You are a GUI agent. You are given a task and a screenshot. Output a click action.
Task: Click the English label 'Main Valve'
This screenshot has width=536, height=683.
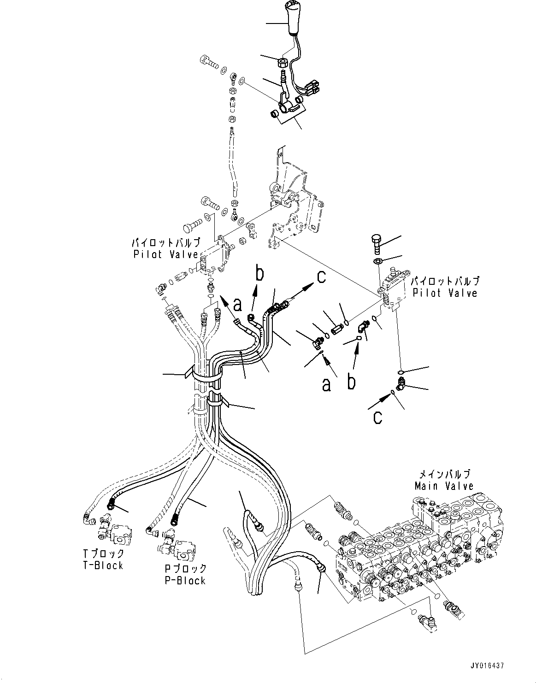pos(444,486)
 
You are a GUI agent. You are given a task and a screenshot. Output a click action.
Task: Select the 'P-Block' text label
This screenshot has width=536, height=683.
pos(185,580)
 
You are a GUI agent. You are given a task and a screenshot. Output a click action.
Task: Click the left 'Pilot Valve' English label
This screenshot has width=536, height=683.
pos(166,254)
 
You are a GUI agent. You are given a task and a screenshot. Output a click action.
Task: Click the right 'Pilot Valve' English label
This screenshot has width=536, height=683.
pos(445,292)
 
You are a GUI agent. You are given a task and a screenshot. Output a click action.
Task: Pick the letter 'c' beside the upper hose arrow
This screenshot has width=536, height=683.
pos(321,277)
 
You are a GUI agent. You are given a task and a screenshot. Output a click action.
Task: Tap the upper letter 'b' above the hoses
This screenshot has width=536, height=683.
pos(260,274)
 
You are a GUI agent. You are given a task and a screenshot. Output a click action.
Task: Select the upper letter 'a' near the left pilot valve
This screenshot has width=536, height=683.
pos(238,305)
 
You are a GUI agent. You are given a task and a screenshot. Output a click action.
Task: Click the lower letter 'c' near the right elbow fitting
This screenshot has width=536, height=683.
pos(378,417)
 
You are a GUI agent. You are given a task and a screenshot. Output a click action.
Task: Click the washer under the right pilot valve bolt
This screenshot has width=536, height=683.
pos(377,262)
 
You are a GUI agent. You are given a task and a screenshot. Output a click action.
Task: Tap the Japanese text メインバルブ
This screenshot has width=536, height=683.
pos(444,474)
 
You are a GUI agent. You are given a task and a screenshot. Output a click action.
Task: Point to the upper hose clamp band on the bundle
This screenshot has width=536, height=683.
pos(205,377)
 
